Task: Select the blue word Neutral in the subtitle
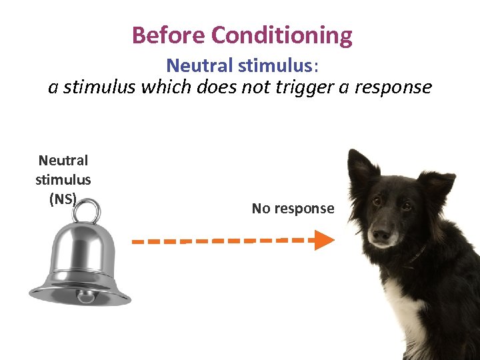click(192, 65)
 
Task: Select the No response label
click(293, 209)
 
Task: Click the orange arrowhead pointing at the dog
click(323, 240)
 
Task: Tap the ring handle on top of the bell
click(87, 213)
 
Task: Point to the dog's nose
click(381, 235)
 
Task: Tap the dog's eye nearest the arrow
click(377, 201)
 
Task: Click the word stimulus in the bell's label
click(63, 179)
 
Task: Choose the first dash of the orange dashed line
click(139, 241)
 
